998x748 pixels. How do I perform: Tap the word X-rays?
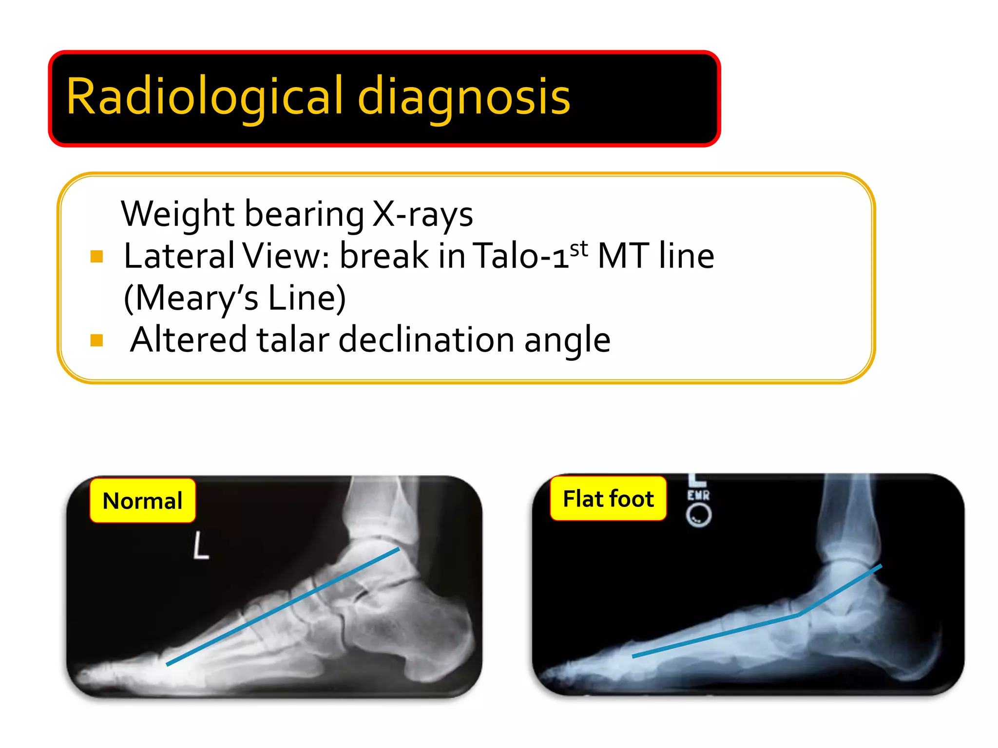(422, 214)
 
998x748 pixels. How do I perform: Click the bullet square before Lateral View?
(96, 256)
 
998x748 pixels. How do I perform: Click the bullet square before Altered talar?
(96, 340)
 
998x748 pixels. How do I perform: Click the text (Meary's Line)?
(235, 298)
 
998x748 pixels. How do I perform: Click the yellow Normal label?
(142, 501)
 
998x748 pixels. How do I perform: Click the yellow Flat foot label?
(608, 499)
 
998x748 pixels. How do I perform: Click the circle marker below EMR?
(698, 515)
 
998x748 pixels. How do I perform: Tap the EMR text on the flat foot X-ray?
(698, 495)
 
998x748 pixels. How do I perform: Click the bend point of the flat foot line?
(798, 615)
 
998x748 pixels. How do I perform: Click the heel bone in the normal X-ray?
(434, 633)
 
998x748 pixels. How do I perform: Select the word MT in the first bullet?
(622, 256)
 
